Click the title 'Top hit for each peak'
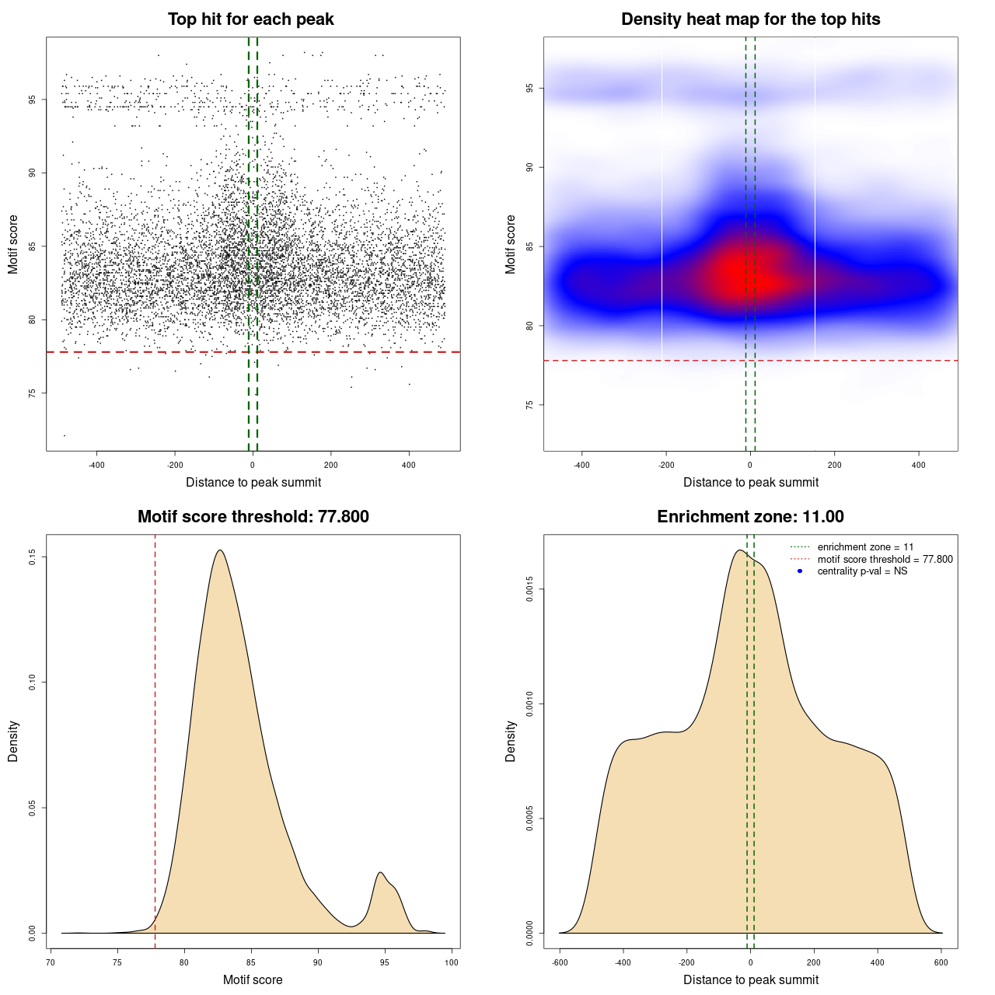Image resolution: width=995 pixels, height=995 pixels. [250, 19]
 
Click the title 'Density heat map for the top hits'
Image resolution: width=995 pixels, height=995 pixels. [750, 19]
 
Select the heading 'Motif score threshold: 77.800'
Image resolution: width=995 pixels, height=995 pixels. [253, 517]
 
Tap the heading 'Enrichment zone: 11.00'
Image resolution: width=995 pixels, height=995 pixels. [750, 517]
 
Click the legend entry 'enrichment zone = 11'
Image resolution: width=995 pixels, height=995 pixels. [865, 547]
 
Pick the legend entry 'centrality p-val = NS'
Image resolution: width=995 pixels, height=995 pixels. [862, 571]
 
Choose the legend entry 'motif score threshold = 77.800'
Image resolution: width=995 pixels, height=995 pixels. [885, 560]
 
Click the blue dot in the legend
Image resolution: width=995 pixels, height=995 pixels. [800, 571]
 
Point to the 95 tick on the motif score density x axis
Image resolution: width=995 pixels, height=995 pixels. [385, 962]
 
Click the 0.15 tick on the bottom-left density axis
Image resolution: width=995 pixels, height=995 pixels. [32, 557]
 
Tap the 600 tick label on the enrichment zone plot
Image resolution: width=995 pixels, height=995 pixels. [941, 962]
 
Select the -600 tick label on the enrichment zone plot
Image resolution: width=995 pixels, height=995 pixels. [560, 962]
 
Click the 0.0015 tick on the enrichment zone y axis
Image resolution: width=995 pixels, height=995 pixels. [529, 589]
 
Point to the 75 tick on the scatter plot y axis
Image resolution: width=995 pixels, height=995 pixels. [32, 393]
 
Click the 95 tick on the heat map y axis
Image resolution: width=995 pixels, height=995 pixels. [529, 89]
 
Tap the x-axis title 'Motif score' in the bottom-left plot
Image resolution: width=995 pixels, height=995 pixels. [253, 979]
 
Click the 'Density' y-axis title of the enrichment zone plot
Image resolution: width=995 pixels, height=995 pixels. [511, 741]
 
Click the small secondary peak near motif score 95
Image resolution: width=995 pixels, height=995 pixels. [381, 873]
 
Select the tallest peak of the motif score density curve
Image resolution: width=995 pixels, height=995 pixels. [220, 551]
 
